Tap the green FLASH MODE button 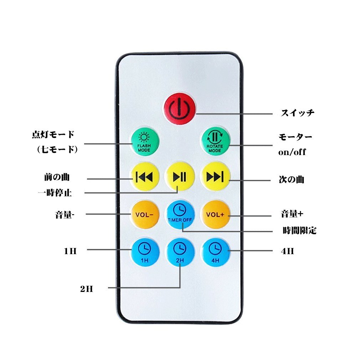(144, 141)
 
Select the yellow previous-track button (144, 176)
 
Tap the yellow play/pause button (180, 176)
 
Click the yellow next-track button (215, 176)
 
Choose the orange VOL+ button (215, 215)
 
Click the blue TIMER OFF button (180, 214)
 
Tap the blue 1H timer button (144, 252)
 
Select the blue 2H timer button (180, 252)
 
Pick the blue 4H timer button (215, 252)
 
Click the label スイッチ (297, 113)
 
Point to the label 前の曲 (55, 177)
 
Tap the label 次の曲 (291, 179)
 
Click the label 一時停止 (55, 193)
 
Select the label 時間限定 (299, 231)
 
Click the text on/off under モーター (292, 152)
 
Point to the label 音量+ (292, 214)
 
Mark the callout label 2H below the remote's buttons (86, 289)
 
